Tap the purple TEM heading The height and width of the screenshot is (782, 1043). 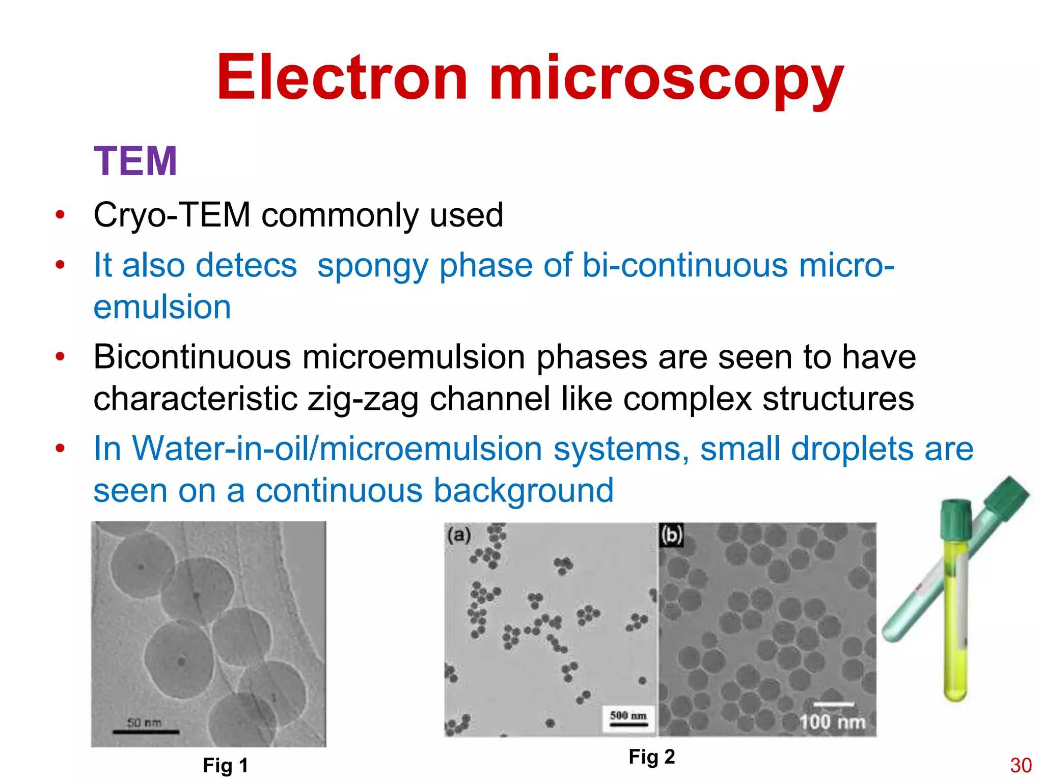tap(135, 161)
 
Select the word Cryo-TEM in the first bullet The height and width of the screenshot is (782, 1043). tap(172, 215)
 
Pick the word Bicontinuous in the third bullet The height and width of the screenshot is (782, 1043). tap(192, 357)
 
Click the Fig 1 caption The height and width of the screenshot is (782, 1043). tap(225, 766)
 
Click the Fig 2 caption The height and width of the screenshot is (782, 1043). tap(652, 757)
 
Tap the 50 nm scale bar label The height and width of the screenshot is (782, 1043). tap(144, 723)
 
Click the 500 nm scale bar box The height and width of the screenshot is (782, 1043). tap(628, 717)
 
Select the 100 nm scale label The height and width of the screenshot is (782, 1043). tap(832, 722)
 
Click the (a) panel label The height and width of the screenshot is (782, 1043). tap(459, 535)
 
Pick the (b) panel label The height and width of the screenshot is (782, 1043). tap(671, 535)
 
